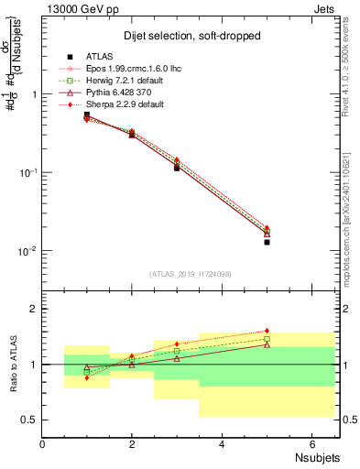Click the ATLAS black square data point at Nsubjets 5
click(x=267, y=242)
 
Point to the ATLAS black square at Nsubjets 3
click(x=177, y=168)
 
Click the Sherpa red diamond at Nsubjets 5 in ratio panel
click(x=267, y=331)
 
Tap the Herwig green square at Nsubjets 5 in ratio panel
click(x=267, y=339)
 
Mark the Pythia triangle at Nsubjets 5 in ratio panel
click(x=267, y=344)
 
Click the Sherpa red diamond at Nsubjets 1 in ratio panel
click(x=87, y=377)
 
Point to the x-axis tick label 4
click(x=222, y=444)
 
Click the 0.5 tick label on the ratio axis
click(x=30, y=420)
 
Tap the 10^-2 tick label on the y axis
click(x=27, y=251)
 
